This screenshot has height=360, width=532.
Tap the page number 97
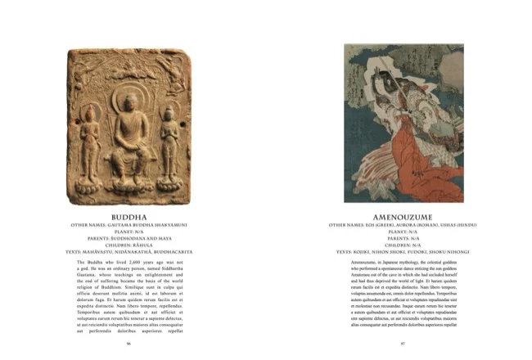point(403,343)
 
